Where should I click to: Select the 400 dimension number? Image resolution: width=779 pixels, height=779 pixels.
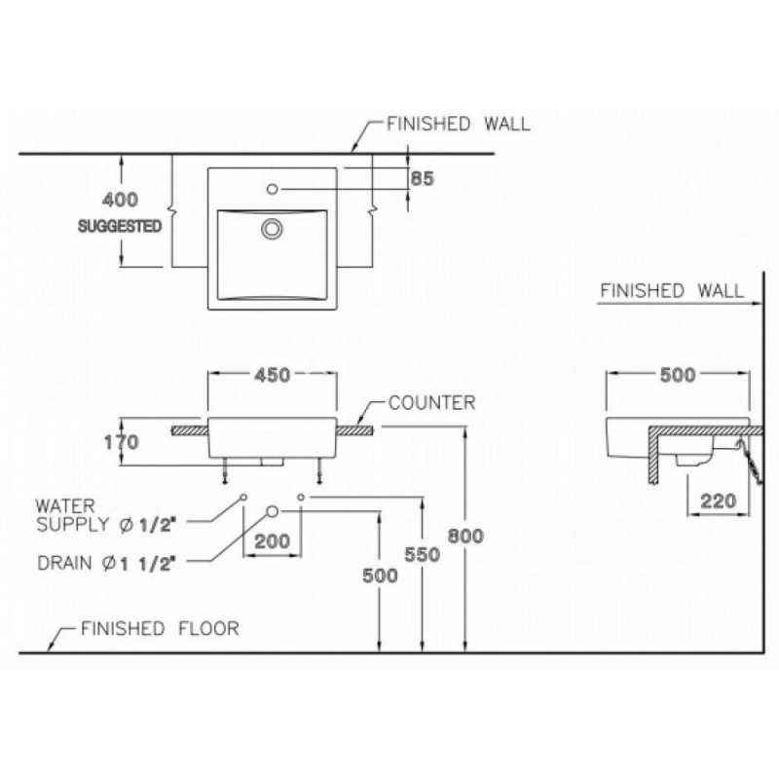(x=121, y=200)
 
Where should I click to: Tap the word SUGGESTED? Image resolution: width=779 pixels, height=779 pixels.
(x=119, y=225)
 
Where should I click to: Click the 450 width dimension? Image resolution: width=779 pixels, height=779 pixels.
(x=272, y=375)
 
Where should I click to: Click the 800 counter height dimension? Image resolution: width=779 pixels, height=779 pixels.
(x=467, y=536)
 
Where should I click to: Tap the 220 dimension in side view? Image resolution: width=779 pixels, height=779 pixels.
(x=717, y=503)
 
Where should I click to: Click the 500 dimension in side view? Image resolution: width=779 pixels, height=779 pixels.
(x=677, y=376)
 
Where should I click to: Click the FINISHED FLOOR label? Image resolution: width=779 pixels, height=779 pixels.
(x=160, y=628)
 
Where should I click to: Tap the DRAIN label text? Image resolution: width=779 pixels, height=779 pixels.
(x=107, y=562)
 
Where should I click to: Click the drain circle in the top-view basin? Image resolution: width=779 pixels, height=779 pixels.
(x=272, y=229)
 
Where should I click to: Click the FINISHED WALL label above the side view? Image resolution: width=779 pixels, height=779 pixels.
(x=671, y=290)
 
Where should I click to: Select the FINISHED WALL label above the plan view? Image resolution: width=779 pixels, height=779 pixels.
(x=458, y=124)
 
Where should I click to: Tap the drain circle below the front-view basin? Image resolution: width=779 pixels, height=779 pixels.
(x=273, y=509)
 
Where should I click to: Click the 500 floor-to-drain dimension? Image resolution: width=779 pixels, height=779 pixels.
(x=379, y=575)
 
